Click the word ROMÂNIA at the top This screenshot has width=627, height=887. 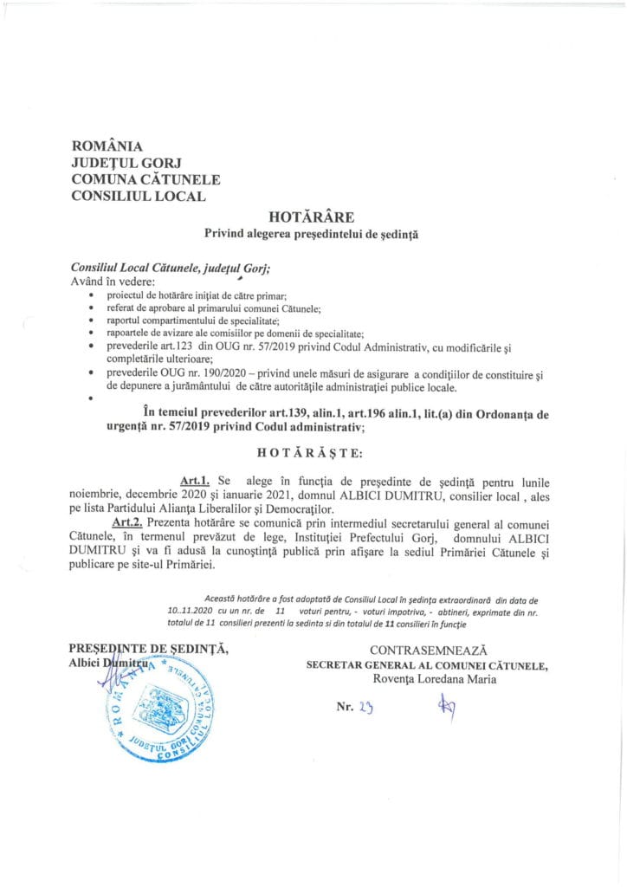107,146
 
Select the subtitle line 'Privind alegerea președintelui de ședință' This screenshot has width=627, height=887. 311,233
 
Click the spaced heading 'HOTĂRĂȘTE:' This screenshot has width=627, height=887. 311,452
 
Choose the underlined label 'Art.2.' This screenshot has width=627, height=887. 127,522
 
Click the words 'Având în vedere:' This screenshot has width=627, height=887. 113,282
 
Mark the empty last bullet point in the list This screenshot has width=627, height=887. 91,399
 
